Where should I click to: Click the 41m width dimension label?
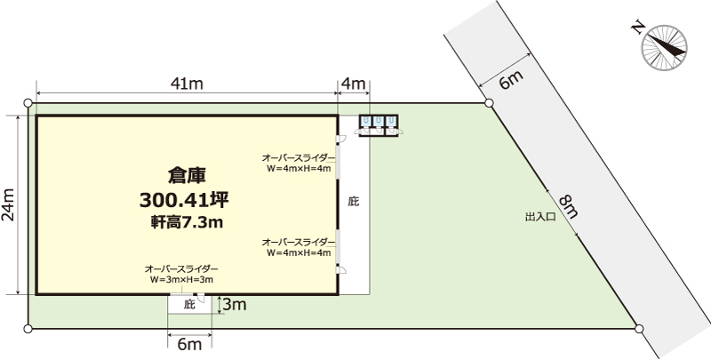[187, 84]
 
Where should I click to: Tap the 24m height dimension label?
[9, 204]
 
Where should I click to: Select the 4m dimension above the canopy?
[353, 84]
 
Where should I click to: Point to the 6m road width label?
[511, 80]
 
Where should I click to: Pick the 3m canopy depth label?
[234, 305]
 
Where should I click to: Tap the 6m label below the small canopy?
[189, 344]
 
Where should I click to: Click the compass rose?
[664, 48]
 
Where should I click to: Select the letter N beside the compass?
[638, 29]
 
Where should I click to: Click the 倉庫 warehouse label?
[187, 176]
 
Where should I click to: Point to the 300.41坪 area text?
[184, 200]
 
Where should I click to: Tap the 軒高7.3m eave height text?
[187, 222]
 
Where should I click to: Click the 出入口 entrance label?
[540, 217]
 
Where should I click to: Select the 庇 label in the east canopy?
[353, 201]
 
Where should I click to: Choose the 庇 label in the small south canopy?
[189, 305]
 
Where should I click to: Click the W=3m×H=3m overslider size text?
[181, 280]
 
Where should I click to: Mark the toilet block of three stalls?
[379, 125]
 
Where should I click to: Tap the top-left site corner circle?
[28, 103]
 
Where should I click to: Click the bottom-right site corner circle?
[639, 329]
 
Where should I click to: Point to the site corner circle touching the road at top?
[489, 103]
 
